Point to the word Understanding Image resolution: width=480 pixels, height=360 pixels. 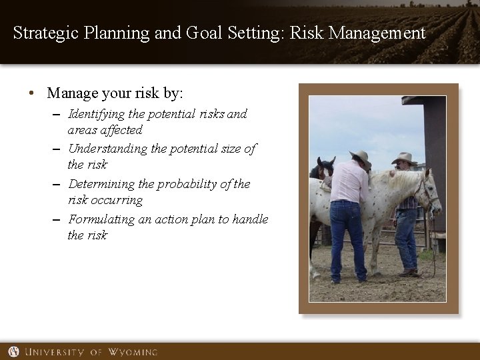pyautogui.click(x=108, y=149)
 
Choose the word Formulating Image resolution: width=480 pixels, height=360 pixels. pyautogui.click(x=101, y=219)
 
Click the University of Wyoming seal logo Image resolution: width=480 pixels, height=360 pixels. pyautogui.click(x=13, y=351)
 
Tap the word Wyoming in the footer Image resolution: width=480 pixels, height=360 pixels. pyautogui.click(x=133, y=351)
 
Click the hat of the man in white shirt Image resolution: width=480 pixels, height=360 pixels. pyautogui.click(x=361, y=157)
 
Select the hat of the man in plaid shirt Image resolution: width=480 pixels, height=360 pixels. pyautogui.click(x=404, y=159)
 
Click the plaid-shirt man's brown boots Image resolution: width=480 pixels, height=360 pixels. pyautogui.click(x=407, y=272)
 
